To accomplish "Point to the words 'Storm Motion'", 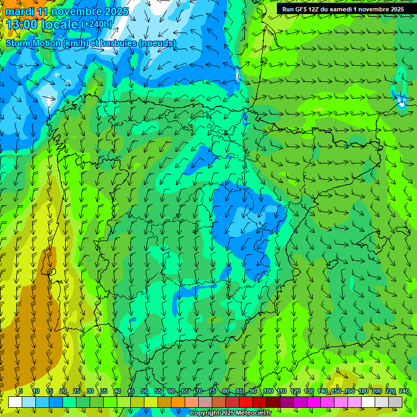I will [33, 43].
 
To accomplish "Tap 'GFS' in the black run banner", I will [301, 9].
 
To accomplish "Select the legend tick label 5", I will [21, 391].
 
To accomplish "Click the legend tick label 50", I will [144, 391].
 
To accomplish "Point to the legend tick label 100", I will [268, 391].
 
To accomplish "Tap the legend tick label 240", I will [403, 391].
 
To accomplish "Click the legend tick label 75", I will [212, 391].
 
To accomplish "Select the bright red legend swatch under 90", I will [246, 402].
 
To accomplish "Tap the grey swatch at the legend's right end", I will [395, 402].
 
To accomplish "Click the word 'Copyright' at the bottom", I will [205, 413].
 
